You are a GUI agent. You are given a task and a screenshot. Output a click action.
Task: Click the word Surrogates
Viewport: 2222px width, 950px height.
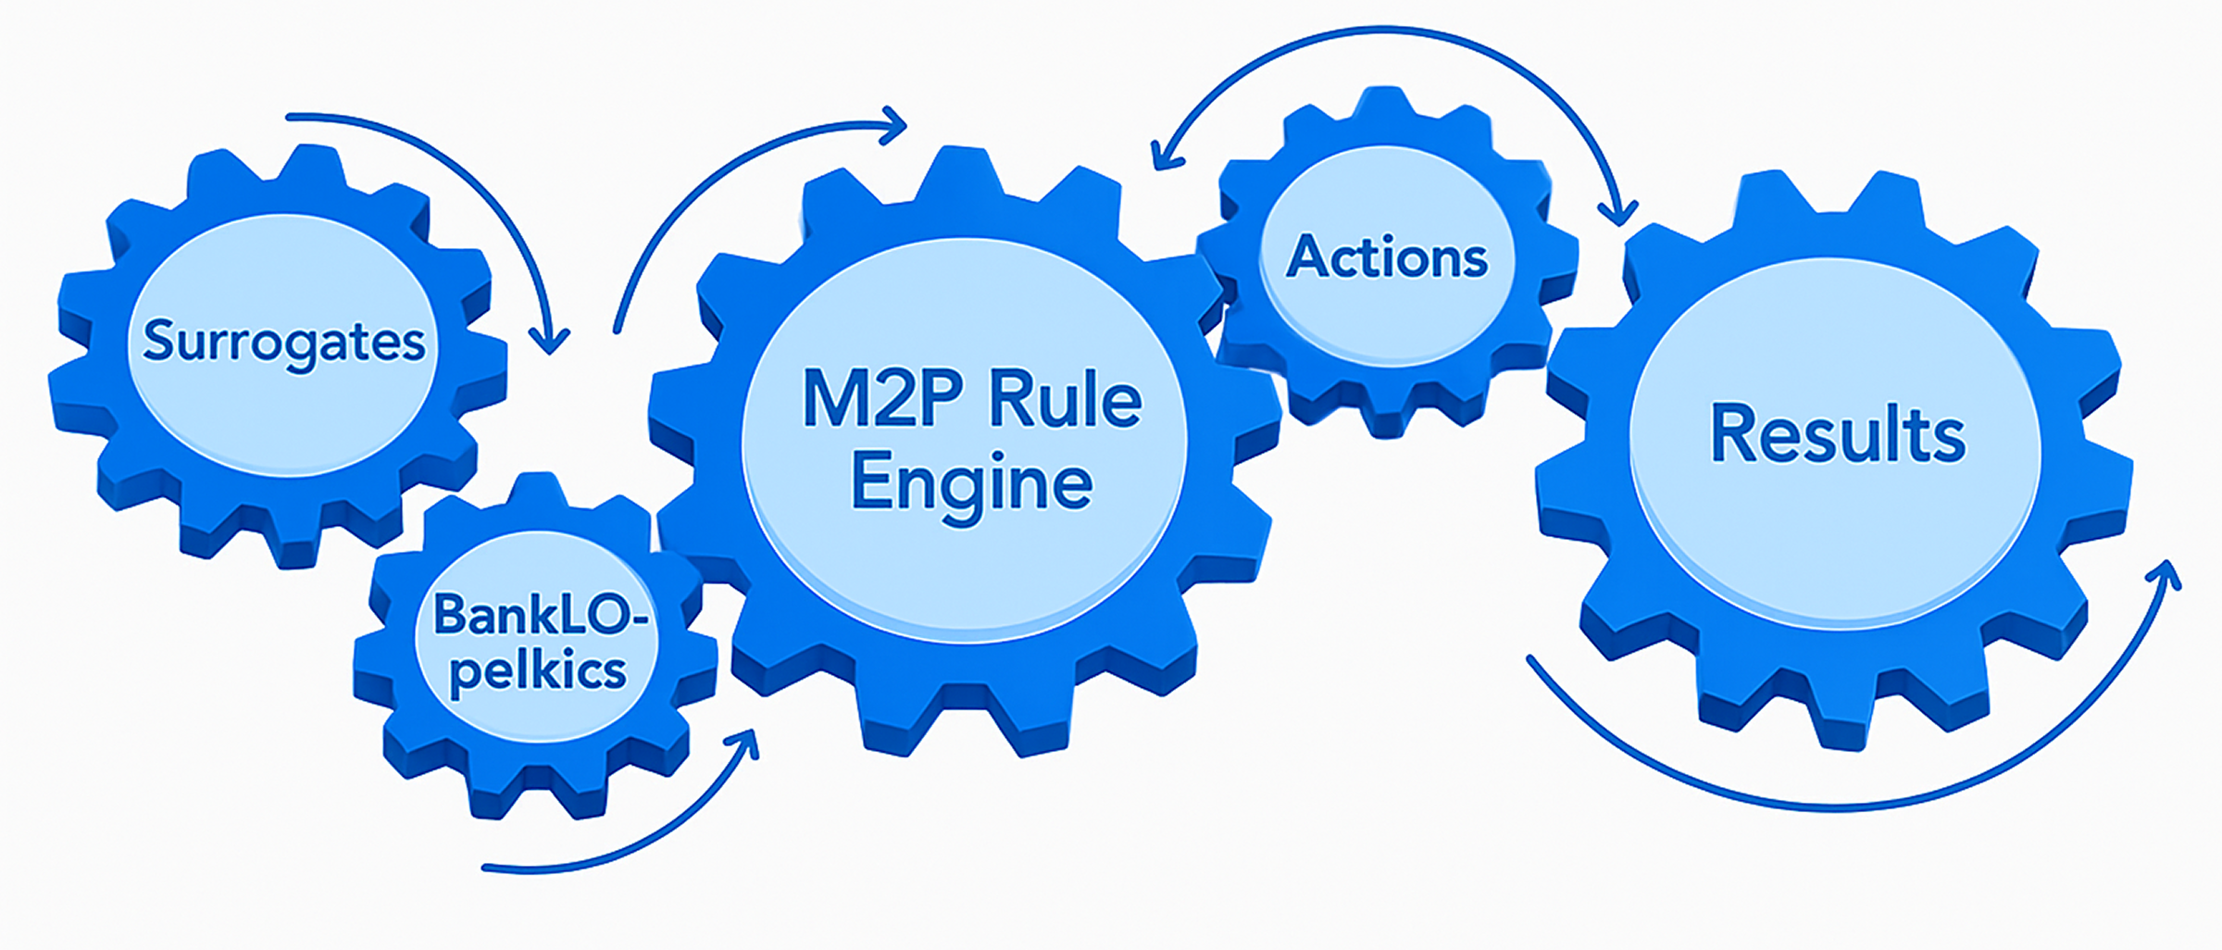(x=283, y=342)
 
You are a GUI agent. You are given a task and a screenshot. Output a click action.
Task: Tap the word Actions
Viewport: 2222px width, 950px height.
(x=1387, y=256)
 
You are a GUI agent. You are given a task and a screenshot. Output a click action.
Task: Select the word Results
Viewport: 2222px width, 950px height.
(x=1837, y=433)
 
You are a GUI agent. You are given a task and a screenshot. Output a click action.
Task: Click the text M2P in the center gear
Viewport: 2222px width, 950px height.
(x=881, y=399)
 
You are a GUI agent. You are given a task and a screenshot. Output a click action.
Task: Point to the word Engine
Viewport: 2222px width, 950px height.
(x=971, y=482)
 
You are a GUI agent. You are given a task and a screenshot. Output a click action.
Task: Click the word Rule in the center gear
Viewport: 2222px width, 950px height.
(x=1065, y=399)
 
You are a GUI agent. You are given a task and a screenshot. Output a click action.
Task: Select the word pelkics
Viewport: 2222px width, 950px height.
(x=537, y=670)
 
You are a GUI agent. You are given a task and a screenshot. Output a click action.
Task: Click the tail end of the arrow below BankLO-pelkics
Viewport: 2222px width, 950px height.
(x=486, y=868)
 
